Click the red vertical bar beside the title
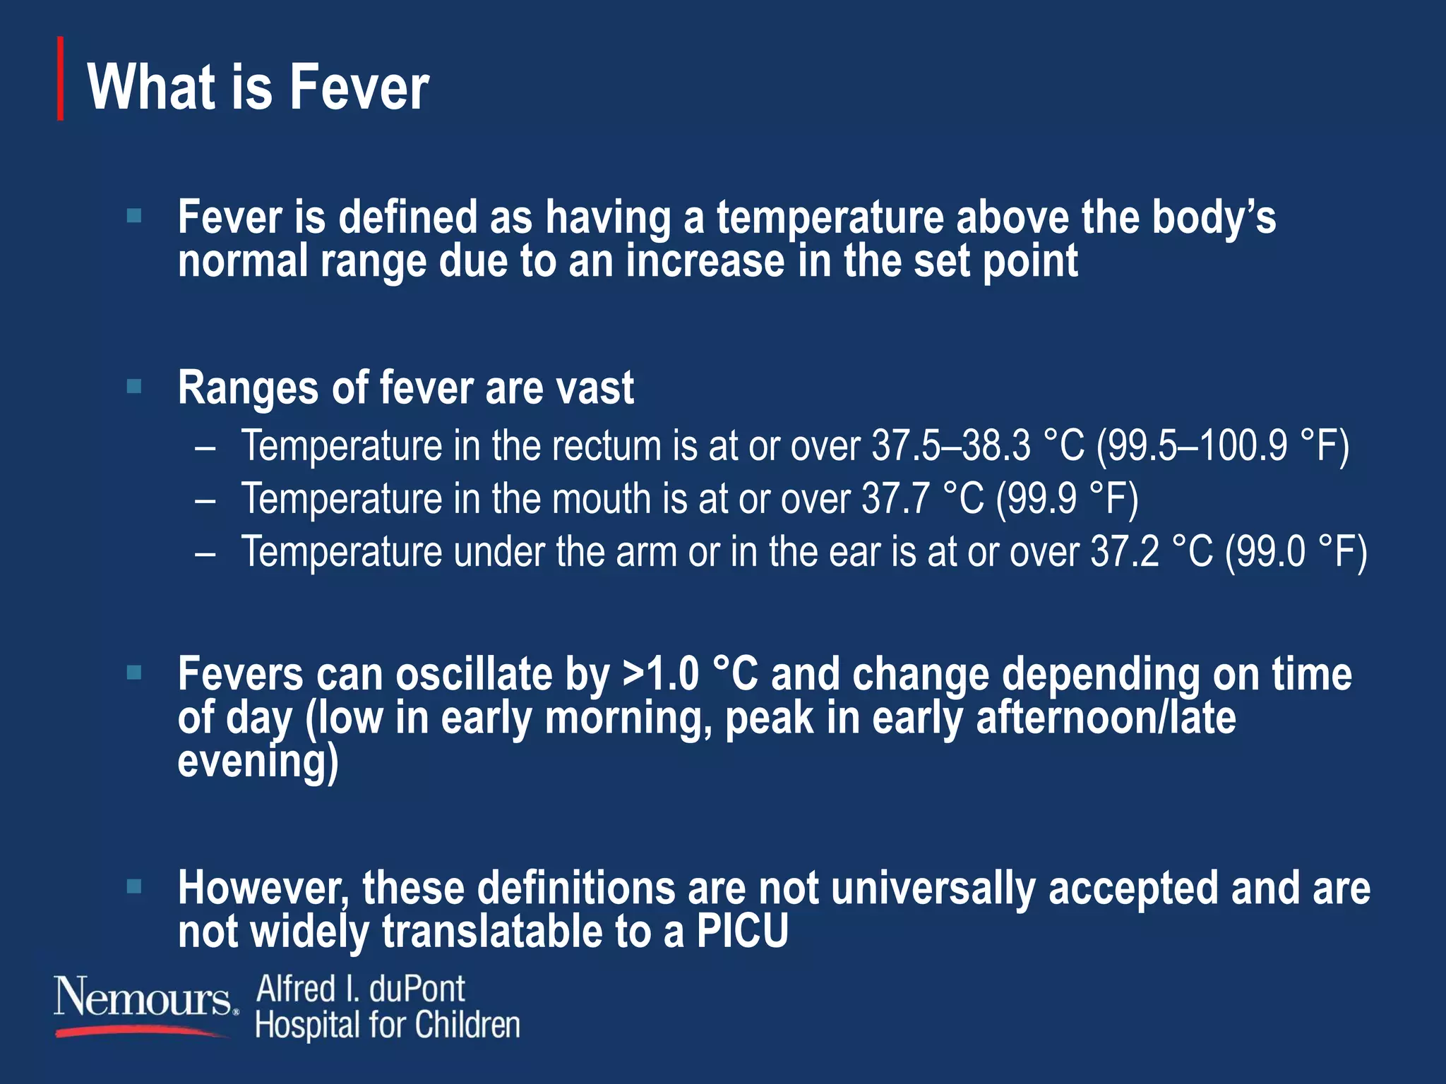click(x=61, y=78)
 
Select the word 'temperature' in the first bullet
click(x=830, y=218)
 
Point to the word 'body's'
click(x=1214, y=218)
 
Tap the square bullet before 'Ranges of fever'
click(x=134, y=386)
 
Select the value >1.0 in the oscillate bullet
click(x=660, y=675)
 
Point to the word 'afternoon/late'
click(x=1106, y=718)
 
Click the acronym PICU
click(x=742, y=932)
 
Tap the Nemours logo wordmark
click(x=143, y=996)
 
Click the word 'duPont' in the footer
click(x=417, y=989)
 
